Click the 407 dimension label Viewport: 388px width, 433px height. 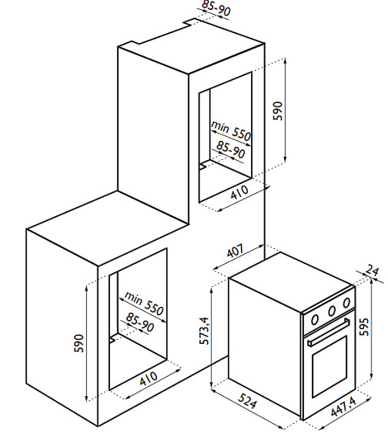[x=236, y=251]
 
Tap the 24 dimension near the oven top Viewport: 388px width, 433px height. [x=372, y=271]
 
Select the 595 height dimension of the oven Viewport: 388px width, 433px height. [x=364, y=327]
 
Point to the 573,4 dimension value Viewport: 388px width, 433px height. [x=204, y=331]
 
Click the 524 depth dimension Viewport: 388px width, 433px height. [x=247, y=401]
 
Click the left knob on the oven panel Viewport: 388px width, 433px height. [x=315, y=321]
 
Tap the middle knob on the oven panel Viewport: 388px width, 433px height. [x=332, y=311]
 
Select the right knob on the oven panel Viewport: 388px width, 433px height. [x=346, y=303]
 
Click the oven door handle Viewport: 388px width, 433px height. [x=329, y=332]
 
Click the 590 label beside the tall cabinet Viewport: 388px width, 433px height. [x=278, y=111]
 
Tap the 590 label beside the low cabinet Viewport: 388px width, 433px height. [x=79, y=344]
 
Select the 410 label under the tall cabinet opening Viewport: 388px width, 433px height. [x=240, y=192]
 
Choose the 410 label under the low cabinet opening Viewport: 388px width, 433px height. [x=149, y=378]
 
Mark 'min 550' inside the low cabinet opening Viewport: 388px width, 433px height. [x=144, y=304]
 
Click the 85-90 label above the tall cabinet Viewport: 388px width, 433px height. [x=216, y=8]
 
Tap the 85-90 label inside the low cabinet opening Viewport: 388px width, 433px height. [x=140, y=322]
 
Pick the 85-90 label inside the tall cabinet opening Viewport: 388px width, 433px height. [x=231, y=150]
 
